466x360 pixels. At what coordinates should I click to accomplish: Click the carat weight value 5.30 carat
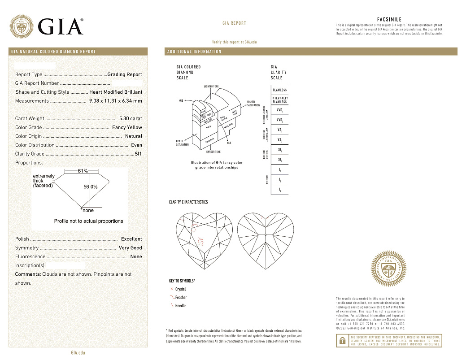[x=130, y=119]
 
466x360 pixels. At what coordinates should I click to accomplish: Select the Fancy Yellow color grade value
[x=127, y=127]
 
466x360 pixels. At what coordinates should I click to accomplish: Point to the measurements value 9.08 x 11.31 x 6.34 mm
[x=115, y=101]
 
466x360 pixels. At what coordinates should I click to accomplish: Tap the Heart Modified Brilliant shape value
[x=115, y=92]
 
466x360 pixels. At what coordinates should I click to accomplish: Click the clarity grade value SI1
[x=138, y=154]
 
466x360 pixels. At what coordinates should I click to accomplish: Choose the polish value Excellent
[x=131, y=239]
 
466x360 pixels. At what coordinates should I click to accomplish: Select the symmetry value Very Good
[x=130, y=248]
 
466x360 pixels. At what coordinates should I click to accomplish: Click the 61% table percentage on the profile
[x=83, y=171]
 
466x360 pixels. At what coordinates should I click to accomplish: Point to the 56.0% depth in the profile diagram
[x=91, y=187]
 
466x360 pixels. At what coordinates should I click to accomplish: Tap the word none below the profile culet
[x=88, y=210]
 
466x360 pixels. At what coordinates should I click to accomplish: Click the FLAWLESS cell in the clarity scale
[x=279, y=90]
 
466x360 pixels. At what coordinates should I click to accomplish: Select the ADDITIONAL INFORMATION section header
[x=194, y=52]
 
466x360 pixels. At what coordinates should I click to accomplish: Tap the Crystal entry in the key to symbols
[x=180, y=289]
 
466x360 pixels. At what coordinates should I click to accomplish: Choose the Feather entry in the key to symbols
[x=181, y=298]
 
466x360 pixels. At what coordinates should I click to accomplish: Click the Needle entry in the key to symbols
[x=180, y=306]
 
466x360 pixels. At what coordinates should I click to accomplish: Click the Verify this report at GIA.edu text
[x=234, y=42]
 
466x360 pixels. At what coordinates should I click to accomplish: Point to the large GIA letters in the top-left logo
[x=61, y=27]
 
